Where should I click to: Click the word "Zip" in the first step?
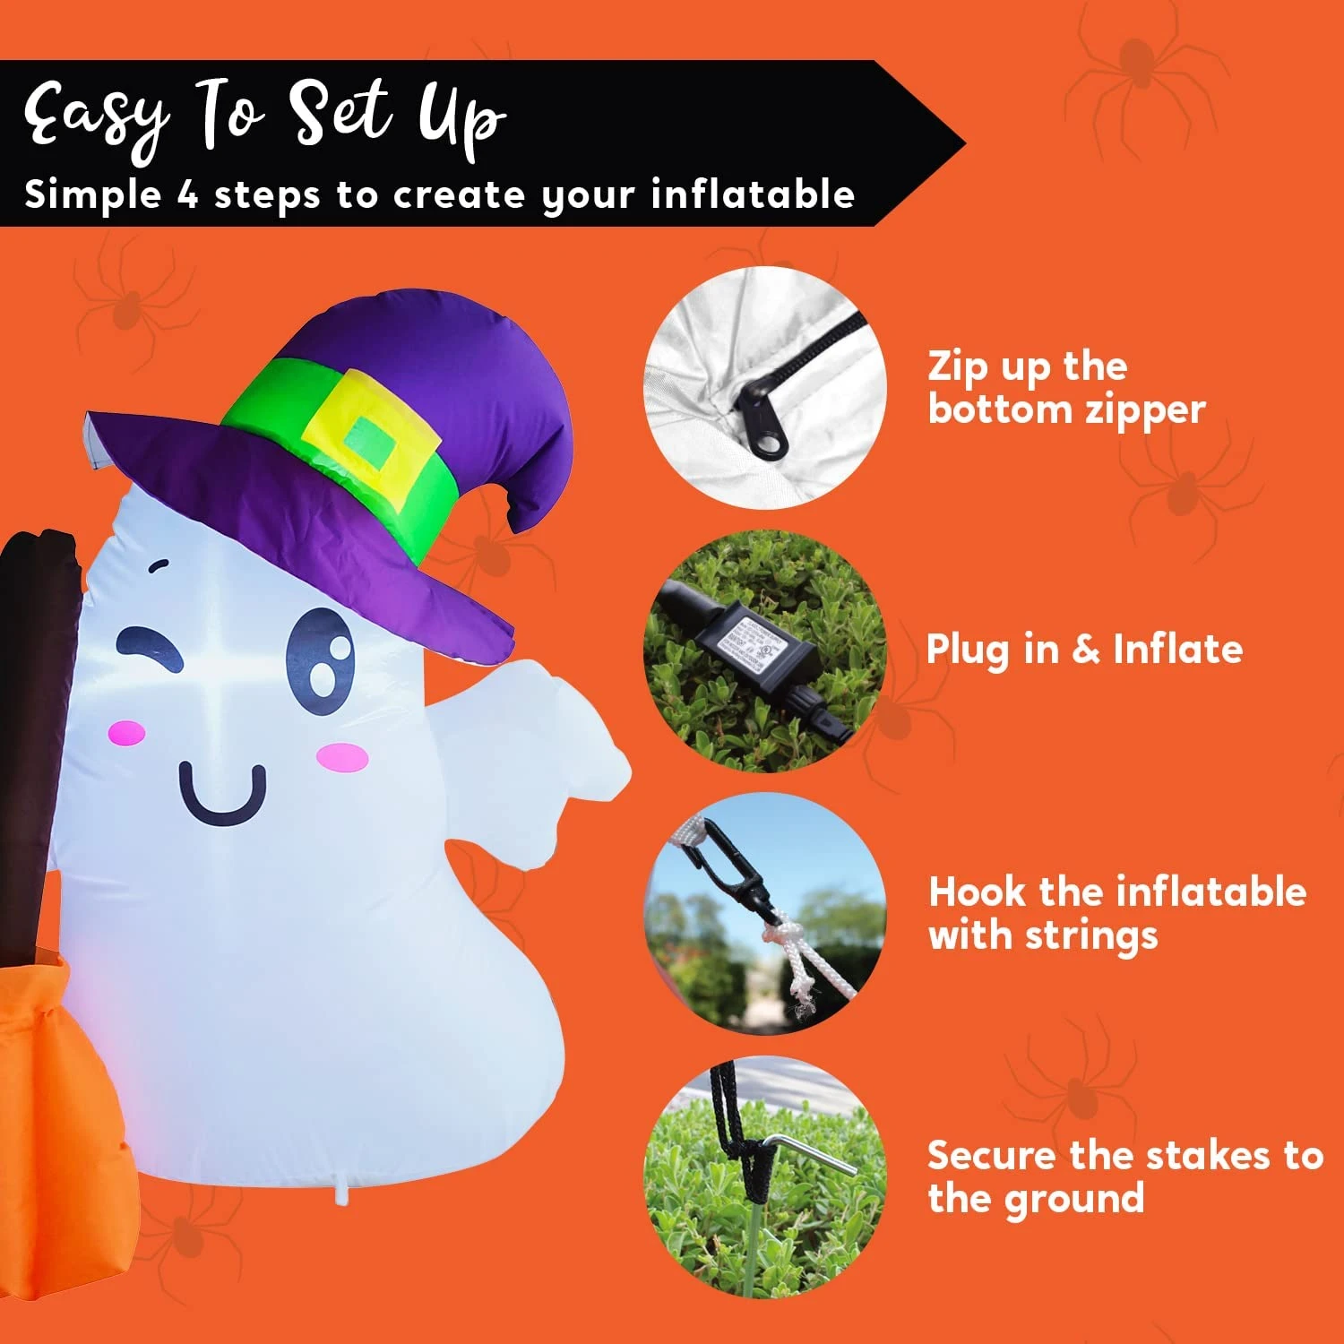pyautogui.click(x=956, y=367)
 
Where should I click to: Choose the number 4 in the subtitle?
pyautogui.click(x=187, y=195)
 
